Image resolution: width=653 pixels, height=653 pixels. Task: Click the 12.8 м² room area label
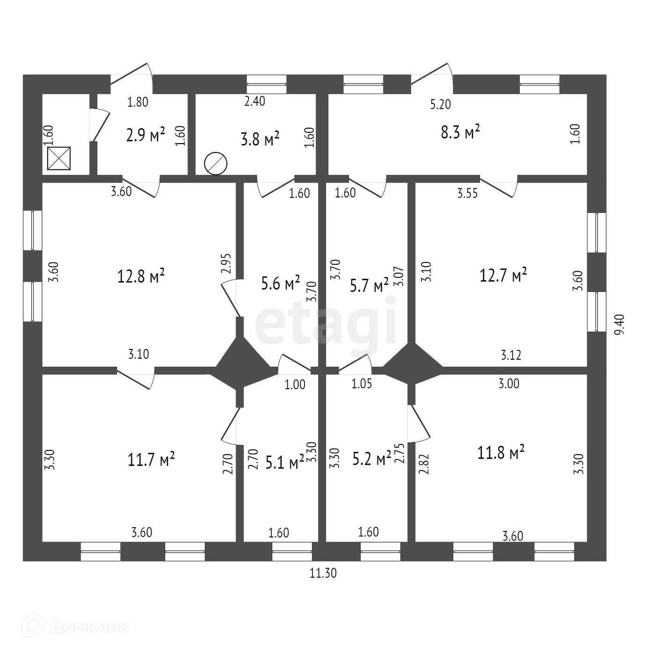pos(141,276)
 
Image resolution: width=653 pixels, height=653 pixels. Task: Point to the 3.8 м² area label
pos(260,139)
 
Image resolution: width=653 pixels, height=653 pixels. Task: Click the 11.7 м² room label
pos(151,459)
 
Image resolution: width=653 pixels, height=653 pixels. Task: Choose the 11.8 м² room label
pos(501,452)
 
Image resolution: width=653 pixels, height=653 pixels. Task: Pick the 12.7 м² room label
pos(503,275)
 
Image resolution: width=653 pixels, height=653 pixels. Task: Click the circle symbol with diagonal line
pos(216,164)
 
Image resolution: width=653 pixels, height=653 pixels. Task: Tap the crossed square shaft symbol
pos(59,158)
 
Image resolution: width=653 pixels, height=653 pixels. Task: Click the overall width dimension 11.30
pos(323,573)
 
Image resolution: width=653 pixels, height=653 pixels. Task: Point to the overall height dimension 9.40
pos(619,325)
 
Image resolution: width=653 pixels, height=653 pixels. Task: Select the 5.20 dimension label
pos(441,104)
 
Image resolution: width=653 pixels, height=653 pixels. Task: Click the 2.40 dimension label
pos(255,101)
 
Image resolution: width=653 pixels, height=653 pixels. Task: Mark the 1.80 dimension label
pos(138,102)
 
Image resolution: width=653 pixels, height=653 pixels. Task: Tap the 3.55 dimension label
pos(468,193)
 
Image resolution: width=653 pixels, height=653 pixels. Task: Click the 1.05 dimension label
pos(362,384)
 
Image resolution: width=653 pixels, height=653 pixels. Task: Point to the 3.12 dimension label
pos(511,355)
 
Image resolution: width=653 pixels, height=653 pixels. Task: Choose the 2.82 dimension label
pos(424,464)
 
